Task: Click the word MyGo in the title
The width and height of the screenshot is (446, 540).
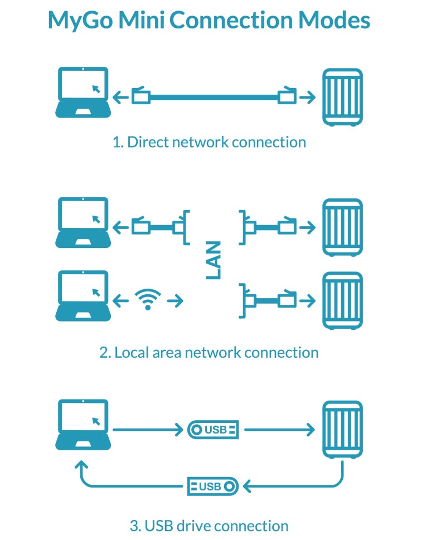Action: point(80,21)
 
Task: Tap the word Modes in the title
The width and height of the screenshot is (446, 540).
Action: point(334,20)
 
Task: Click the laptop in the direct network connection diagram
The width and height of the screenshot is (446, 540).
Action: point(83,93)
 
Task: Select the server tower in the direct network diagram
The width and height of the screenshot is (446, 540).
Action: point(342,97)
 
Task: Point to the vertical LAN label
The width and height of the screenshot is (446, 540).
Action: point(213,260)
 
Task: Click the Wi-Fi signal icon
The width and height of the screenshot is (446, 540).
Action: point(148,299)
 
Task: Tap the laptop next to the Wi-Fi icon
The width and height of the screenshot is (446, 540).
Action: point(83,296)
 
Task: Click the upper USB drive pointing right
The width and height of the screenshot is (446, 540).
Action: point(213,430)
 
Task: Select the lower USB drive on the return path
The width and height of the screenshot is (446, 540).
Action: point(213,487)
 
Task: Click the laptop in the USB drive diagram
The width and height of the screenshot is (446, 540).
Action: point(83,425)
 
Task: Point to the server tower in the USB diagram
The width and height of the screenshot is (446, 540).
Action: point(342,430)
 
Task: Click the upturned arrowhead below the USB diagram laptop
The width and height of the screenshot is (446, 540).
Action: point(81,465)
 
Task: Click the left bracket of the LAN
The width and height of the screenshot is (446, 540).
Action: point(186,227)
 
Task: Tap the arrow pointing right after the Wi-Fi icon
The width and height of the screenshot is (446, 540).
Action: point(175,301)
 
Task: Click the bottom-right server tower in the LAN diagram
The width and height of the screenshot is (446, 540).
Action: point(342,301)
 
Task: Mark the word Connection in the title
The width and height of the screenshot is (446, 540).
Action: point(231,20)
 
